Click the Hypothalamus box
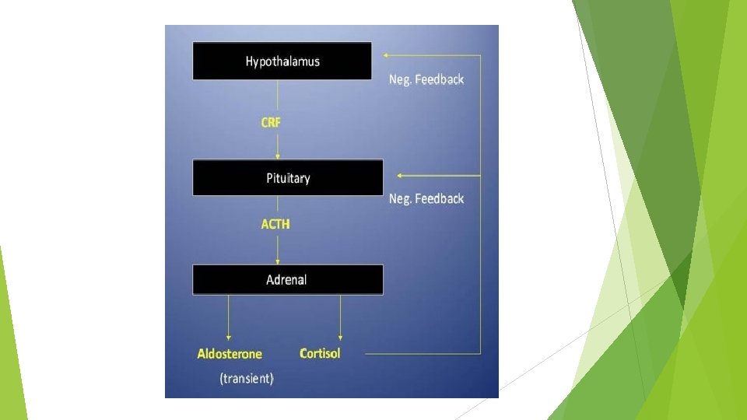point(282,61)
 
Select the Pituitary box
point(288,178)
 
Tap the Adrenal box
point(288,280)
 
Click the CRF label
point(271,122)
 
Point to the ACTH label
point(275,224)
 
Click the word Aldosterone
point(230,354)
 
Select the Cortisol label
point(320,354)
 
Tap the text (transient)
point(247,379)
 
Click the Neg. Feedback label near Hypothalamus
point(426,79)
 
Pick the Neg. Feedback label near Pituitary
point(426,199)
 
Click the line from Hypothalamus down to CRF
point(278,96)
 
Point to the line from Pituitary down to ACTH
point(278,206)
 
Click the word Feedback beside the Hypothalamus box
point(440,79)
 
